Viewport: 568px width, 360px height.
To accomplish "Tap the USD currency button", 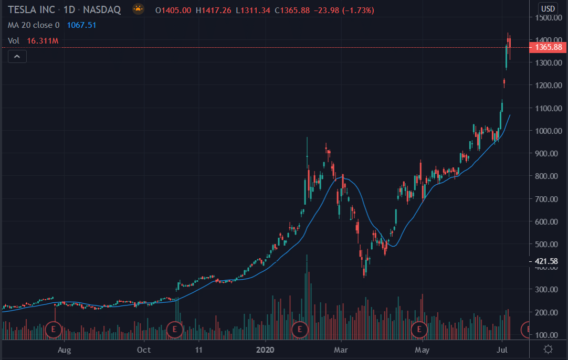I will pos(548,8).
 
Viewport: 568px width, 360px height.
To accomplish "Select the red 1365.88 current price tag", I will pos(548,48).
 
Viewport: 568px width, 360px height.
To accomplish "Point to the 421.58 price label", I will pos(548,261).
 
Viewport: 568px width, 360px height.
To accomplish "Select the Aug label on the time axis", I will pos(64,350).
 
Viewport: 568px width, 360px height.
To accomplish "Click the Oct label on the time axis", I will pos(144,350).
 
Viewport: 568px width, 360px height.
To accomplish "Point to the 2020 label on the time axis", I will pos(266,350).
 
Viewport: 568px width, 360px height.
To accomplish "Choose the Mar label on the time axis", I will pos(342,350).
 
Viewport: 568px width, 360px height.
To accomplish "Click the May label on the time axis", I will pos(422,350).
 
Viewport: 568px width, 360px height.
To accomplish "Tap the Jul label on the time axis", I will pos(502,350).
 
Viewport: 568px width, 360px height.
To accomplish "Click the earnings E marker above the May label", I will pos(419,330).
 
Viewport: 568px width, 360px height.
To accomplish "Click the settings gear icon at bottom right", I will pos(548,349).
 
